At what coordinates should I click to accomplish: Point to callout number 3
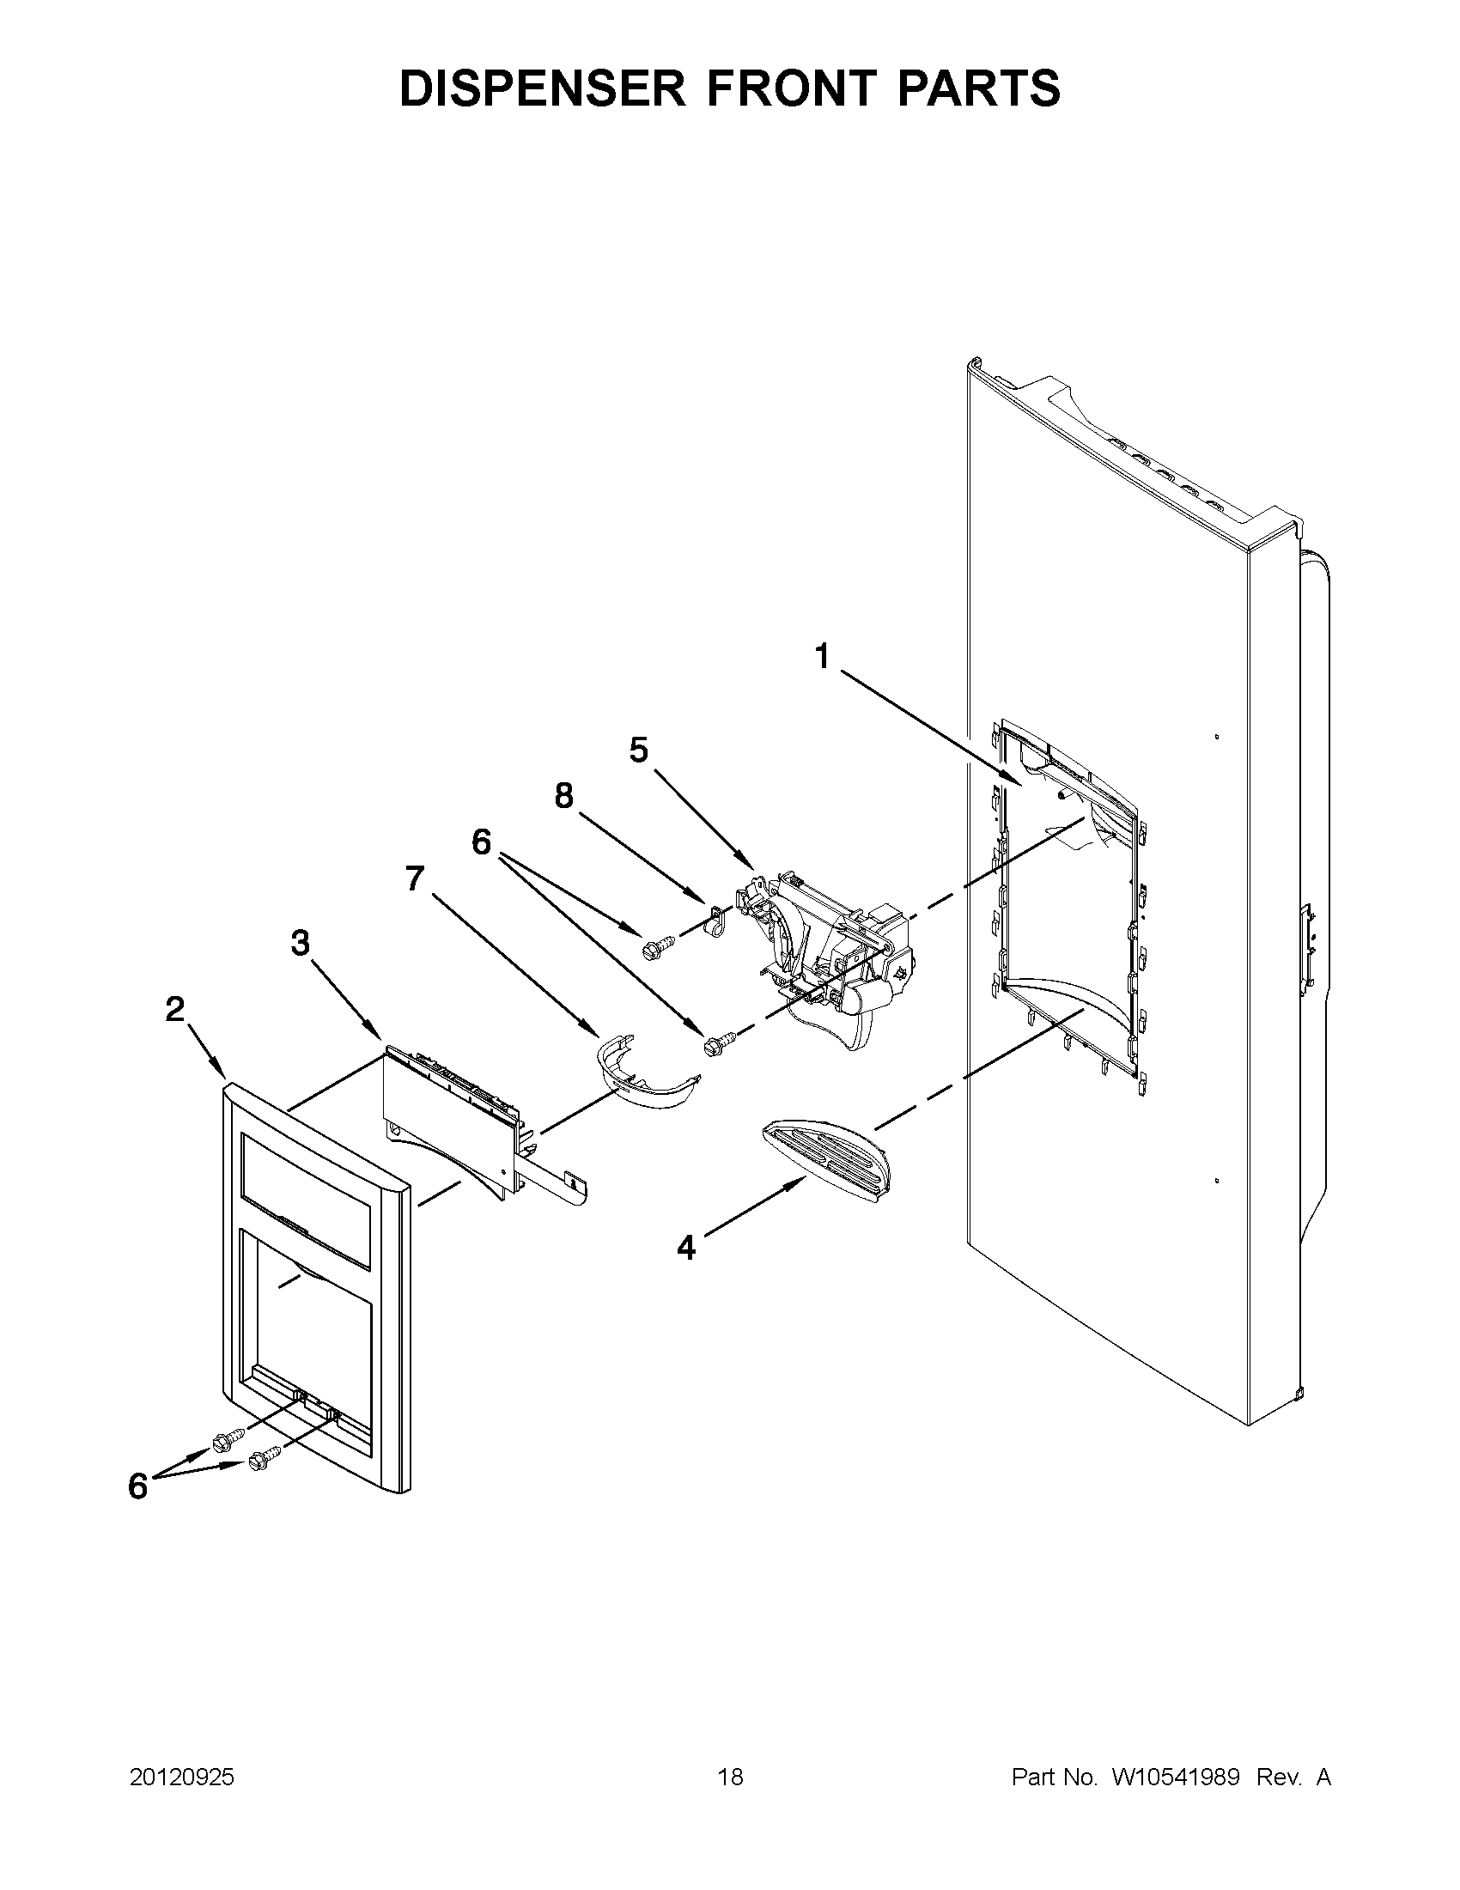pyautogui.click(x=300, y=942)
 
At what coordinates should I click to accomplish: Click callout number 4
pyautogui.click(x=686, y=1247)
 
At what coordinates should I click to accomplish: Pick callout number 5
pyautogui.click(x=639, y=751)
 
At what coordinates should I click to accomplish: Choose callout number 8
pyautogui.click(x=563, y=795)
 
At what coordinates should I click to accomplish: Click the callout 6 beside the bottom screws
pyautogui.click(x=137, y=1486)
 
